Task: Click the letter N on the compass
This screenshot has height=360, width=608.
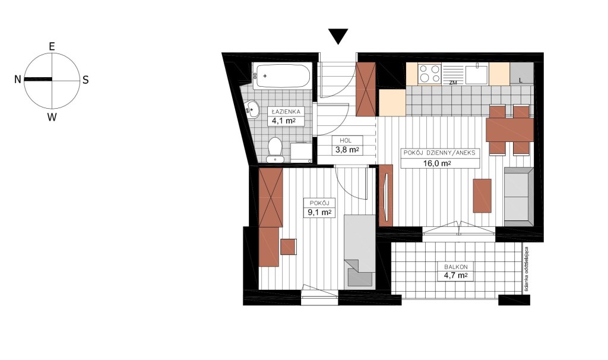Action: click(x=17, y=80)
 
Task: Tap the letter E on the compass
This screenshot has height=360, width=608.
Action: click(x=52, y=46)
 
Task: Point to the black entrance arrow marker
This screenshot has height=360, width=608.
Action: click(x=338, y=36)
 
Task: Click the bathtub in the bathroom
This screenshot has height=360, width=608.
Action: click(x=281, y=75)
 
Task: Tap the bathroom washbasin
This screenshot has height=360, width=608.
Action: click(x=252, y=109)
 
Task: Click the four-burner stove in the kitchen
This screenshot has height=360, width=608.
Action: click(x=430, y=74)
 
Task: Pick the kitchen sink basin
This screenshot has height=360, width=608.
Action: click(x=477, y=74)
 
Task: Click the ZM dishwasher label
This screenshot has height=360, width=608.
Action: click(x=452, y=82)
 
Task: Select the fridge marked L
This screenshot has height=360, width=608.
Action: click(x=521, y=74)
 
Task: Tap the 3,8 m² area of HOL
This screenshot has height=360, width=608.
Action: click(x=347, y=149)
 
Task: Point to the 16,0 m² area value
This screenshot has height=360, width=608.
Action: click(x=436, y=163)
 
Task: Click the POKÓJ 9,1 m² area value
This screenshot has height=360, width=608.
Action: click(x=319, y=212)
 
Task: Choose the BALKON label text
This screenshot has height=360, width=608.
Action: click(x=455, y=267)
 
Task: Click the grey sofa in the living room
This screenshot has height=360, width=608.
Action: click(x=519, y=197)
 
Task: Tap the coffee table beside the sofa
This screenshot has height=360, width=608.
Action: click(x=482, y=195)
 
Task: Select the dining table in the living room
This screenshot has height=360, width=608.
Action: click(x=509, y=130)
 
